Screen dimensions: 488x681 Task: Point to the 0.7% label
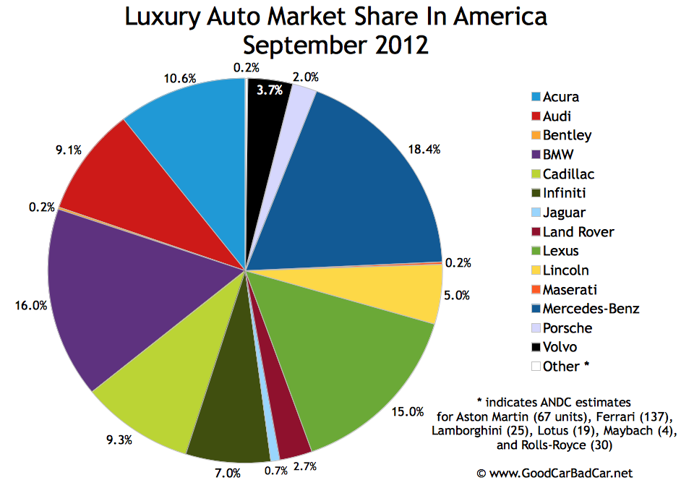tap(275, 471)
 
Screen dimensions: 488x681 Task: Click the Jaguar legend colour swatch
tap(535, 213)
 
